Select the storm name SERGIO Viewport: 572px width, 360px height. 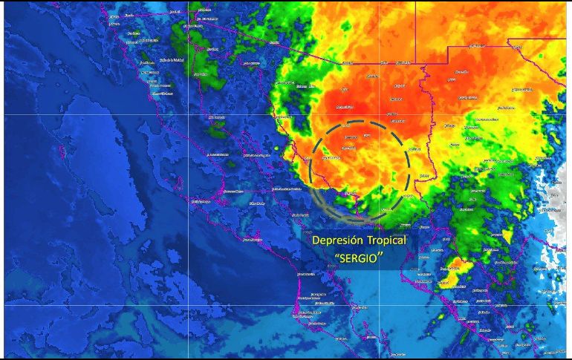tap(360, 258)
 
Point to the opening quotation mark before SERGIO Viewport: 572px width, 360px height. tap(337, 255)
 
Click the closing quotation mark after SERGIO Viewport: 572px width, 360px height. tap(383, 255)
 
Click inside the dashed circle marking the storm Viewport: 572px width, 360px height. tap(360, 167)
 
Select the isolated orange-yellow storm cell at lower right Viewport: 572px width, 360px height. tap(454, 272)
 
